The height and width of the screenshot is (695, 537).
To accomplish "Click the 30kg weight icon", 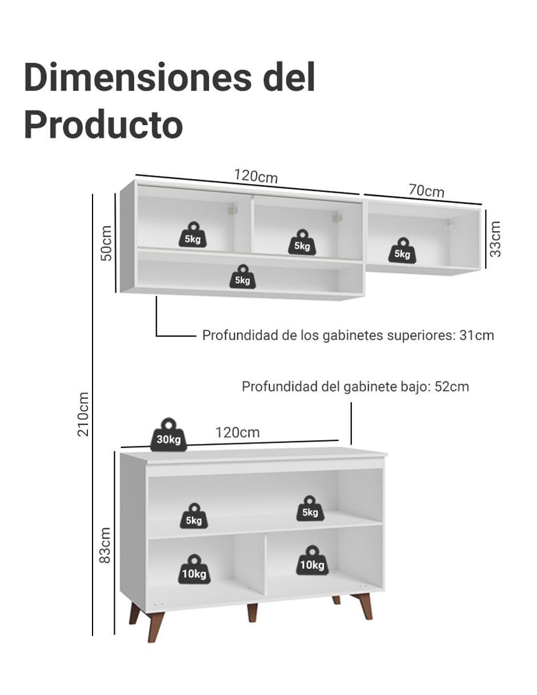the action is pyautogui.click(x=169, y=434).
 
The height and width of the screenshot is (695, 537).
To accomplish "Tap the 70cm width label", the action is pyautogui.click(x=426, y=191).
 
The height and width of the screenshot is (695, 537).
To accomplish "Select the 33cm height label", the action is pyautogui.click(x=495, y=239).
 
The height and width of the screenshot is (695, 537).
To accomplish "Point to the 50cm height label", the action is pyautogui.click(x=106, y=243).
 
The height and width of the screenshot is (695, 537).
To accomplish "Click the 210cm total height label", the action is pyautogui.click(x=83, y=414).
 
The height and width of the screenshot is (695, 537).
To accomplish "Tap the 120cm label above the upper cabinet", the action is pyautogui.click(x=256, y=177).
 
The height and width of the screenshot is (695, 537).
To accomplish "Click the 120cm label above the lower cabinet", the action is pyautogui.click(x=238, y=433).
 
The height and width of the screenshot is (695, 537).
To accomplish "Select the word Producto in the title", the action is pyautogui.click(x=103, y=125).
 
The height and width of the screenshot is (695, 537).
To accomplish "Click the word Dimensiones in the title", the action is pyautogui.click(x=138, y=78).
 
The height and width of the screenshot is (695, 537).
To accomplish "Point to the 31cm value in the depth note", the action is pyautogui.click(x=476, y=335).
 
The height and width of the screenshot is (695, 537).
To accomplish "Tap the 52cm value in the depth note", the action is pyautogui.click(x=452, y=387).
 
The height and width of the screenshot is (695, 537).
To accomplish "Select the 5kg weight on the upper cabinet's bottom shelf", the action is pyautogui.click(x=243, y=277).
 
